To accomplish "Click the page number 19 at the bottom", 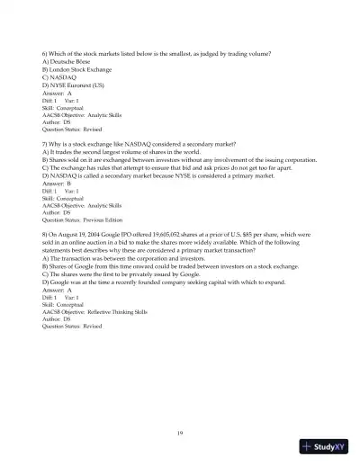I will pos(180,434).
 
